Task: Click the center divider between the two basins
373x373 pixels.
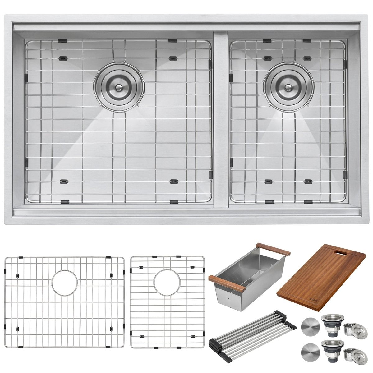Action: coord(221,121)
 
